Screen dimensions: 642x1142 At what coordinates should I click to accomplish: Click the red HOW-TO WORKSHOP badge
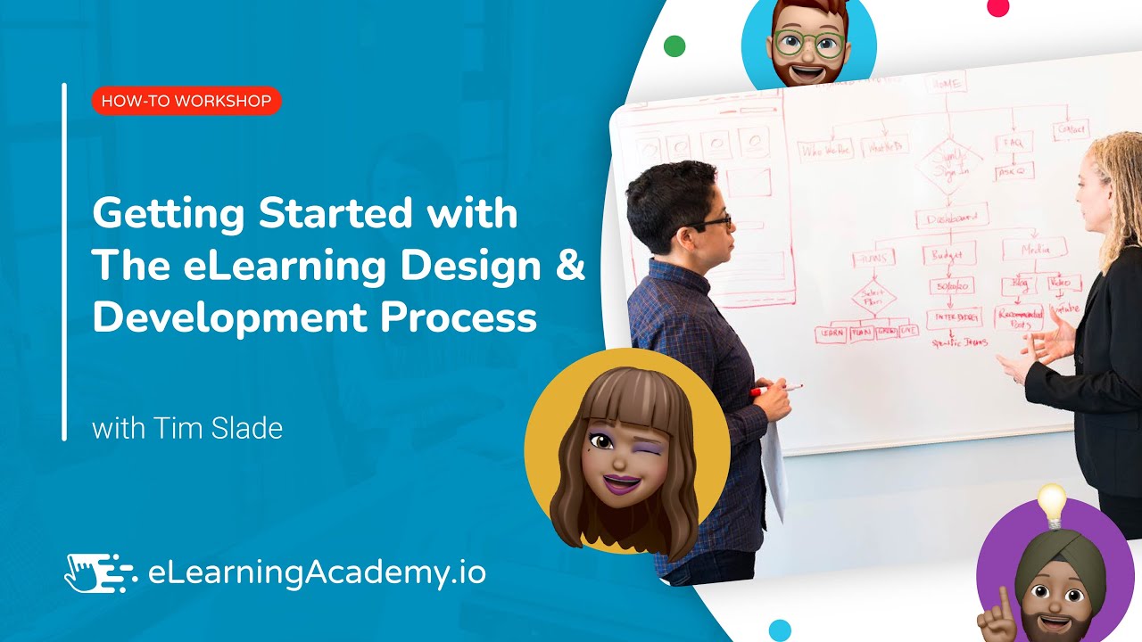tap(186, 101)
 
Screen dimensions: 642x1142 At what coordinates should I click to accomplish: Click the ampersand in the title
tap(568, 266)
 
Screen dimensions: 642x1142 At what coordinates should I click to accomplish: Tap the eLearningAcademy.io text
tap(316, 572)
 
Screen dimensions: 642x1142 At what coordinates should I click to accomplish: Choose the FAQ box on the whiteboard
tap(1014, 143)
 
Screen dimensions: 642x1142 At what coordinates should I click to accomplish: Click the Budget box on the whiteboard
tap(947, 254)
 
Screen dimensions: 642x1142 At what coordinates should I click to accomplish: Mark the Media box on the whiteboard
tap(1034, 249)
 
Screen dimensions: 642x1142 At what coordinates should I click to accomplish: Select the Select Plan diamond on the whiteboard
tap(873, 296)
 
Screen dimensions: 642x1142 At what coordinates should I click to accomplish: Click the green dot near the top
tap(675, 46)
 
